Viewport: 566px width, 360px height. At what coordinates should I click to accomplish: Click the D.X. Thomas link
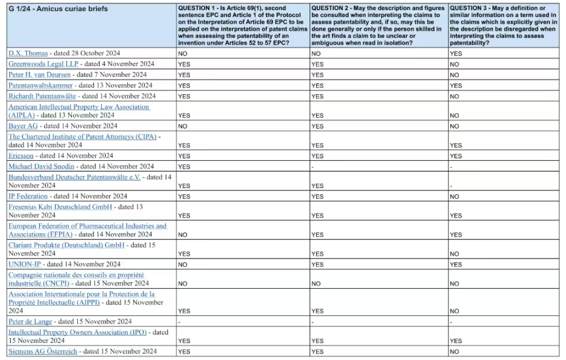point(28,53)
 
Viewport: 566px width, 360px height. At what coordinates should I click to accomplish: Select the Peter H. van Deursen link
point(40,75)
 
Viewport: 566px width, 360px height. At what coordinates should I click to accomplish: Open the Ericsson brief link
point(21,156)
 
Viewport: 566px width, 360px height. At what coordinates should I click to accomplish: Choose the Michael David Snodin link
point(41,167)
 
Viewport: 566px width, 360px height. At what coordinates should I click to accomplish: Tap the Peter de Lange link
point(30,321)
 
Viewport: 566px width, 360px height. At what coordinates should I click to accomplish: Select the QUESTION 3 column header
point(503,26)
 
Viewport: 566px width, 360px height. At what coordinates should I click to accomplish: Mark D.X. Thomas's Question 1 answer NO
point(183,54)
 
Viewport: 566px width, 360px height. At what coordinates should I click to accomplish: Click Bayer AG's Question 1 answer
point(183,127)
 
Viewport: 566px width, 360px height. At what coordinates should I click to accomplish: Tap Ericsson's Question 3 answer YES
point(456,156)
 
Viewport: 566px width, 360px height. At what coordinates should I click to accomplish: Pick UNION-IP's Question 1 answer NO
point(183,265)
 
